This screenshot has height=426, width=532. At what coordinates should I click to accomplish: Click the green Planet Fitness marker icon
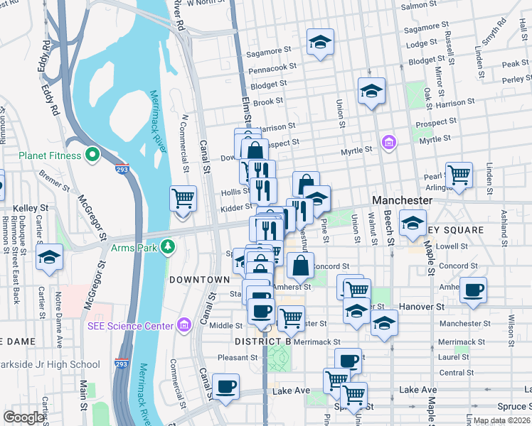(92, 154)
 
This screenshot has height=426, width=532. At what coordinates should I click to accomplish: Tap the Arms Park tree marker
(168, 247)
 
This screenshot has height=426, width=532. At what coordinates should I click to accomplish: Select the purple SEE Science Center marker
(184, 325)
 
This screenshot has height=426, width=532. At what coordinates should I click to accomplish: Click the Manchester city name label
(401, 201)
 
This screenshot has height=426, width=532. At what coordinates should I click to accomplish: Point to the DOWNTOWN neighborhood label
(199, 280)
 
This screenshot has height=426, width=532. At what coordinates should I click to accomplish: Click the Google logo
(23, 417)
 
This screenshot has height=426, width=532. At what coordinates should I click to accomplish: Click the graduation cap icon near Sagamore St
(320, 42)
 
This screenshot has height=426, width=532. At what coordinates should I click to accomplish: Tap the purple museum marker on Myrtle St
(388, 143)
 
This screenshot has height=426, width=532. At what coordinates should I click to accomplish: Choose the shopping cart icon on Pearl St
(459, 175)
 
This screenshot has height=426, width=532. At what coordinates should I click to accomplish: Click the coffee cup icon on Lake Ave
(225, 387)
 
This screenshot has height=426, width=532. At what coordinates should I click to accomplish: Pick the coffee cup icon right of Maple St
(473, 290)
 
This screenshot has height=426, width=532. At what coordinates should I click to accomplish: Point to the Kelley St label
(33, 208)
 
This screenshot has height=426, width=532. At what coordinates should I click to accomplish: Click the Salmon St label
(422, 6)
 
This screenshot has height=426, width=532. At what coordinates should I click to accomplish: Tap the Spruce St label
(512, 406)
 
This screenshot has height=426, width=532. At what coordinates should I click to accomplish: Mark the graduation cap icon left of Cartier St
(49, 257)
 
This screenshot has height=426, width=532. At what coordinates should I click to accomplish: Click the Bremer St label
(53, 178)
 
